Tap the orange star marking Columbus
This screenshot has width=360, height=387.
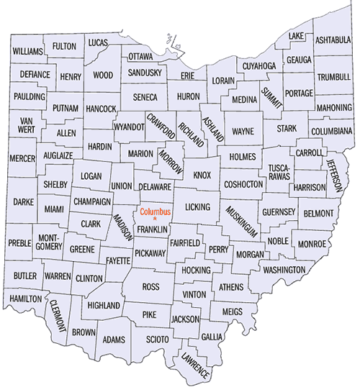(x=154, y=219)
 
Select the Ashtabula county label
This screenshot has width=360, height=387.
(x=332, y=40)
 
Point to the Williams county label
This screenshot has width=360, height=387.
(x=27, y=52)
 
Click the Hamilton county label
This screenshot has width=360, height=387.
(x=25, y=298)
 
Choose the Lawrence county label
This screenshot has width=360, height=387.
(x=195, y=364)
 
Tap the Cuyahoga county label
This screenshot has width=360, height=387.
(x=258, y=65)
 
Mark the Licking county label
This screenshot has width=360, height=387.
(x=197, y=207)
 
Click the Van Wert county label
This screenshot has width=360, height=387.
(x=27, y=124)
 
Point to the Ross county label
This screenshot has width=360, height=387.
(x=150, y=286)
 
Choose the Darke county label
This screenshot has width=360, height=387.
(x=24, y=202)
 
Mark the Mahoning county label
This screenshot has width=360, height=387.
(x=333, y=108)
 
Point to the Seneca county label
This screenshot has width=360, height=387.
(x=145, y=96)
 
